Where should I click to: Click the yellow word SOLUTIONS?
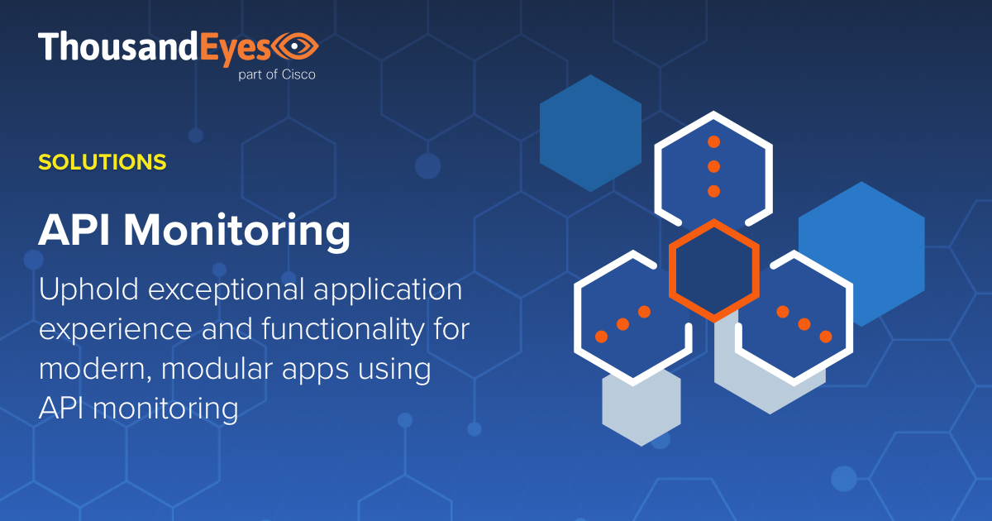tap(103, 162)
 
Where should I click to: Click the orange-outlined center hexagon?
tap(714, 270)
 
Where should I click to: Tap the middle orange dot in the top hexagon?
tap(714, 166)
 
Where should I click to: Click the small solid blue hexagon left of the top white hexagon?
tap(590, 133)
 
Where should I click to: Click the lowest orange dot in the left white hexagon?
tap(602, 337)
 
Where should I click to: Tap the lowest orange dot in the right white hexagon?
tap(825, 337)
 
